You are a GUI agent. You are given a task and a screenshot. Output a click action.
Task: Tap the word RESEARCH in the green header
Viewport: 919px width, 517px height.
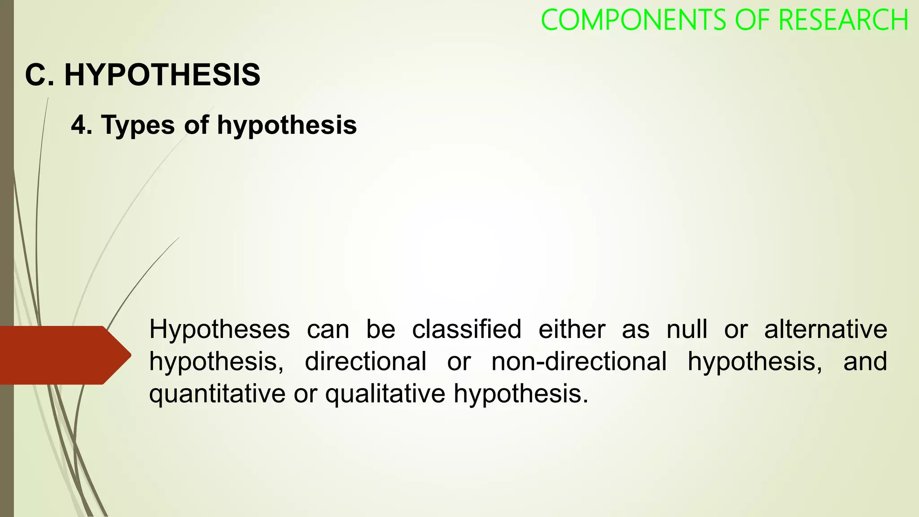click(844, 20)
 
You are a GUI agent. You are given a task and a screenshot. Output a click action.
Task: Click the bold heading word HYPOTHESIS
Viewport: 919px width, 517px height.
click(162, 74)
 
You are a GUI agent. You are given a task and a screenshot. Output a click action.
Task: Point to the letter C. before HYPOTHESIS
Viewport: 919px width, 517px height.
click(39, 74)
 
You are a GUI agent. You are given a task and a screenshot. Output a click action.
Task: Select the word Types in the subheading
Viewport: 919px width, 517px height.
click(138, 125)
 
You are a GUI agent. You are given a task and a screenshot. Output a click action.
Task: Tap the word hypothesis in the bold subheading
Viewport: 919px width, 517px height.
click(287, 125)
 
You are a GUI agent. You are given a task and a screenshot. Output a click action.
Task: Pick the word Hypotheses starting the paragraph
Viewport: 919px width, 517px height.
click(219, 329)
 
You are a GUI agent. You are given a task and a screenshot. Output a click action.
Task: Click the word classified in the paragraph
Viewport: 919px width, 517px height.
click(467, 329)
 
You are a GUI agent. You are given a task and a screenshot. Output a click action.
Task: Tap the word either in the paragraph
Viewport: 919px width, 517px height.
click(572, 329)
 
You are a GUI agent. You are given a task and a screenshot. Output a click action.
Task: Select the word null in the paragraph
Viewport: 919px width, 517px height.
click(687, 329)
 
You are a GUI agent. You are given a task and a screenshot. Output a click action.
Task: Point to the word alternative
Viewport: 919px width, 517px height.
click(826, 329)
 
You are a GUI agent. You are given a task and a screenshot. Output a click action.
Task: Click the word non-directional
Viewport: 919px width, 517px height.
click(579, 361)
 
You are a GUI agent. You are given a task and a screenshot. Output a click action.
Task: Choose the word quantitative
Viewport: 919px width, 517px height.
click(217, 394)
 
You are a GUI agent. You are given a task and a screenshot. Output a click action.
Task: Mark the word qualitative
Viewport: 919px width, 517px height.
click(385, 394)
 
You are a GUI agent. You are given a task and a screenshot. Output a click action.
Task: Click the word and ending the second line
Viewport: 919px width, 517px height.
click(865, 361)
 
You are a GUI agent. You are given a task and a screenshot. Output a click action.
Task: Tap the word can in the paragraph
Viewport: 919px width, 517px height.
click(328, 329)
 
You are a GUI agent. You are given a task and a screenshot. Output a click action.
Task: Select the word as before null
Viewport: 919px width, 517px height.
click(635, 329)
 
